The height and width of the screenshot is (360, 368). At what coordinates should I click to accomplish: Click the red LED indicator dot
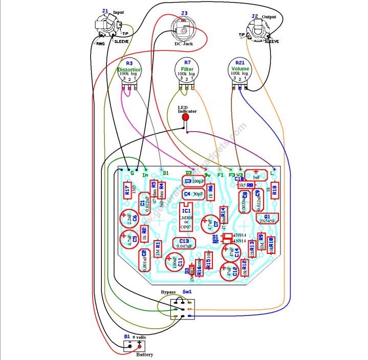click(x=185, y=117)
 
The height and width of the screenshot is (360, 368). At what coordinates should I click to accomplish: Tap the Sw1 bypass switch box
click(x=183, y=309)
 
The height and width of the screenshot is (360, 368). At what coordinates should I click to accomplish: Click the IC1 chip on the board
click(x=186, y=215)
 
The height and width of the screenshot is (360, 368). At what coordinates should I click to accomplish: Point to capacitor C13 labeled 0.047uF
click(x=184, y=243)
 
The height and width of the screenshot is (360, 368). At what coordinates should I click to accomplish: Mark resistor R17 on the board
click(x=127, y=191)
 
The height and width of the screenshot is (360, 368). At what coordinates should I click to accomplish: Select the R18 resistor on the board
click(x=274, y=190)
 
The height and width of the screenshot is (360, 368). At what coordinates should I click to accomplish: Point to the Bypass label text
click(x=168, y=291)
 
